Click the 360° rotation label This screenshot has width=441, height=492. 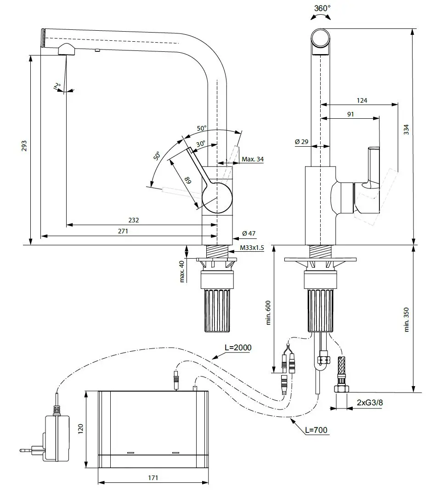(x=322, y=8)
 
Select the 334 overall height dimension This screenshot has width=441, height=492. (x=406, y=130)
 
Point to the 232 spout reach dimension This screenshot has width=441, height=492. (x=134, y=220)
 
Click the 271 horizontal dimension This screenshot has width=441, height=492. (x=123, y=232)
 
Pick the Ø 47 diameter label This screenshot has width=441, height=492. (x=249, y=234)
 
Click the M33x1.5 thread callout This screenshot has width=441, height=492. (x=252, y=248)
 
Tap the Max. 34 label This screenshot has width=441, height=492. (x=253, y=159)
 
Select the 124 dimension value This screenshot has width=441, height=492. (x=362, y=100)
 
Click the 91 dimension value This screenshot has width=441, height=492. (x=351, y=114)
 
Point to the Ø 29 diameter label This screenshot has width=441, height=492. (x=301, y=142)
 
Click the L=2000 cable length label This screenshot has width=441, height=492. (x=238, y=348)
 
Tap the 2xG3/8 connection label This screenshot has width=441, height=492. (x=370, y=403)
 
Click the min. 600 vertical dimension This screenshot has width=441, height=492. (x=269, y=312)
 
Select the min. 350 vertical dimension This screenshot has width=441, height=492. (x=406, y=319)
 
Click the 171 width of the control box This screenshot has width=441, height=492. (x=153, y=478)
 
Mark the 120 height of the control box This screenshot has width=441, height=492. (x=81, y=428)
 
